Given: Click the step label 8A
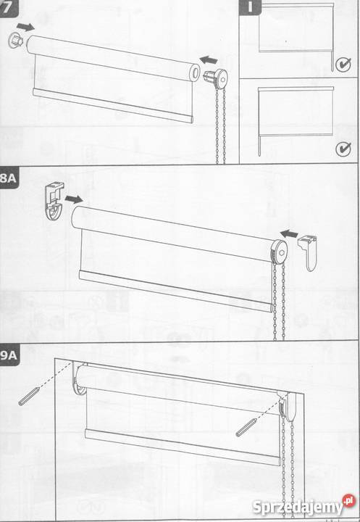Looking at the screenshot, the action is [x=8, y=178].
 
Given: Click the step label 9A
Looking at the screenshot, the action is [x=9, y=355].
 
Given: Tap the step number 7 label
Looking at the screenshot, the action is [x=7, y=7].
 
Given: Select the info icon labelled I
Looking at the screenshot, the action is [x=251, y=7].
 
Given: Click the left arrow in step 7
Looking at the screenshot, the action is [x=25, y=27].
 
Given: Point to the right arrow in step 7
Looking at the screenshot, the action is [x=209, y=60].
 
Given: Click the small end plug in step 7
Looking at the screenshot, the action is [x=15, y=41].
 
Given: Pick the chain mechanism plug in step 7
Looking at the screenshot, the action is [x=216, y=77].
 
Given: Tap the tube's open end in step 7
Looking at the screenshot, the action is [x=195, y=72].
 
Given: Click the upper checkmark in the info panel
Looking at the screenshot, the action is [x=343, y=65].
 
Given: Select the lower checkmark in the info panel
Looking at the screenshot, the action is [x=343, y=149].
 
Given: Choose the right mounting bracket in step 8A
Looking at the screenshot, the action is [x=309, y=252].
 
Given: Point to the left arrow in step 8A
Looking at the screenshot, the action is [x=74, y=199].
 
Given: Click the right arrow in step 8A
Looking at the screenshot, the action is [x=289, y=233].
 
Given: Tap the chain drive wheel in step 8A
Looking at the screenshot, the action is [x=280, y=252].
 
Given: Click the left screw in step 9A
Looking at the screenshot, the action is [x=29, y=397].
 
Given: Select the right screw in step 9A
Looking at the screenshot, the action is [x=246, y=428].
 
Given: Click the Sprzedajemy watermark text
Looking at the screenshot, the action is [x=298, y=507].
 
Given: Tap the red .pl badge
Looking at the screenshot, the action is [x=348, y=501].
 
